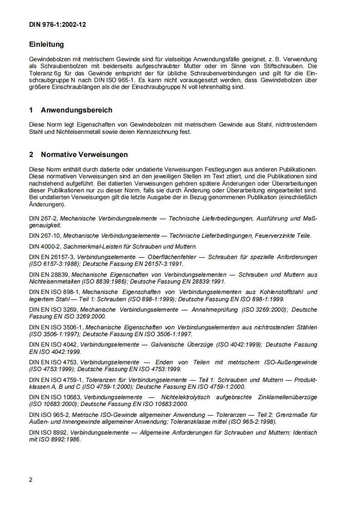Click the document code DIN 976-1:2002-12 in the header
57,25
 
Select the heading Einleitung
46,44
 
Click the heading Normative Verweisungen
84,155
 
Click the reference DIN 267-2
44,219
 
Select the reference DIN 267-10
45,236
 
